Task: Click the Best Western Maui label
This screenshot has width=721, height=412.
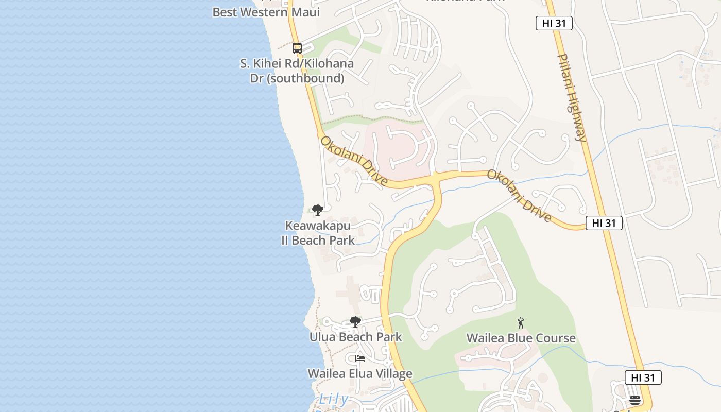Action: point(266,12)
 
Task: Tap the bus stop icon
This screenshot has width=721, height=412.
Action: point(297,48)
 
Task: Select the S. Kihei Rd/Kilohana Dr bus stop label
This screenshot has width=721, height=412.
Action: point(297,71)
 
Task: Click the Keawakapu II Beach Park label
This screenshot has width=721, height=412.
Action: point(318,233)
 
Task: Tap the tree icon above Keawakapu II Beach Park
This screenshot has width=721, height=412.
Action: point(318,210)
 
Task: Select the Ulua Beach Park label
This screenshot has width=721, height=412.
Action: point(355,337)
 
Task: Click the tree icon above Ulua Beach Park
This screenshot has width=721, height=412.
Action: point(355,322)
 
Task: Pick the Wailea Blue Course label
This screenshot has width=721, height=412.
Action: point(521,338)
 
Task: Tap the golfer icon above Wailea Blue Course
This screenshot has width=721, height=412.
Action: point(521,323)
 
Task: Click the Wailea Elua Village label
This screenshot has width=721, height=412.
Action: point(359,373)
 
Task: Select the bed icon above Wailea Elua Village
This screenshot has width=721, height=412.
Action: point(360,358)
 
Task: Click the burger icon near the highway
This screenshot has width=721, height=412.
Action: point(634,400)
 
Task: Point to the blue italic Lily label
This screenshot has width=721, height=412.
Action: point(333,399)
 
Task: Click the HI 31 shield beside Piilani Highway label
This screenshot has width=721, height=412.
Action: point(554,23)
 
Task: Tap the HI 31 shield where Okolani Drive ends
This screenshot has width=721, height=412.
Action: point(604,223)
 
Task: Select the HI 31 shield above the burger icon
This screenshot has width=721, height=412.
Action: point(643,377)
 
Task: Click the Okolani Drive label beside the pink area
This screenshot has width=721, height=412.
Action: point(354,161)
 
